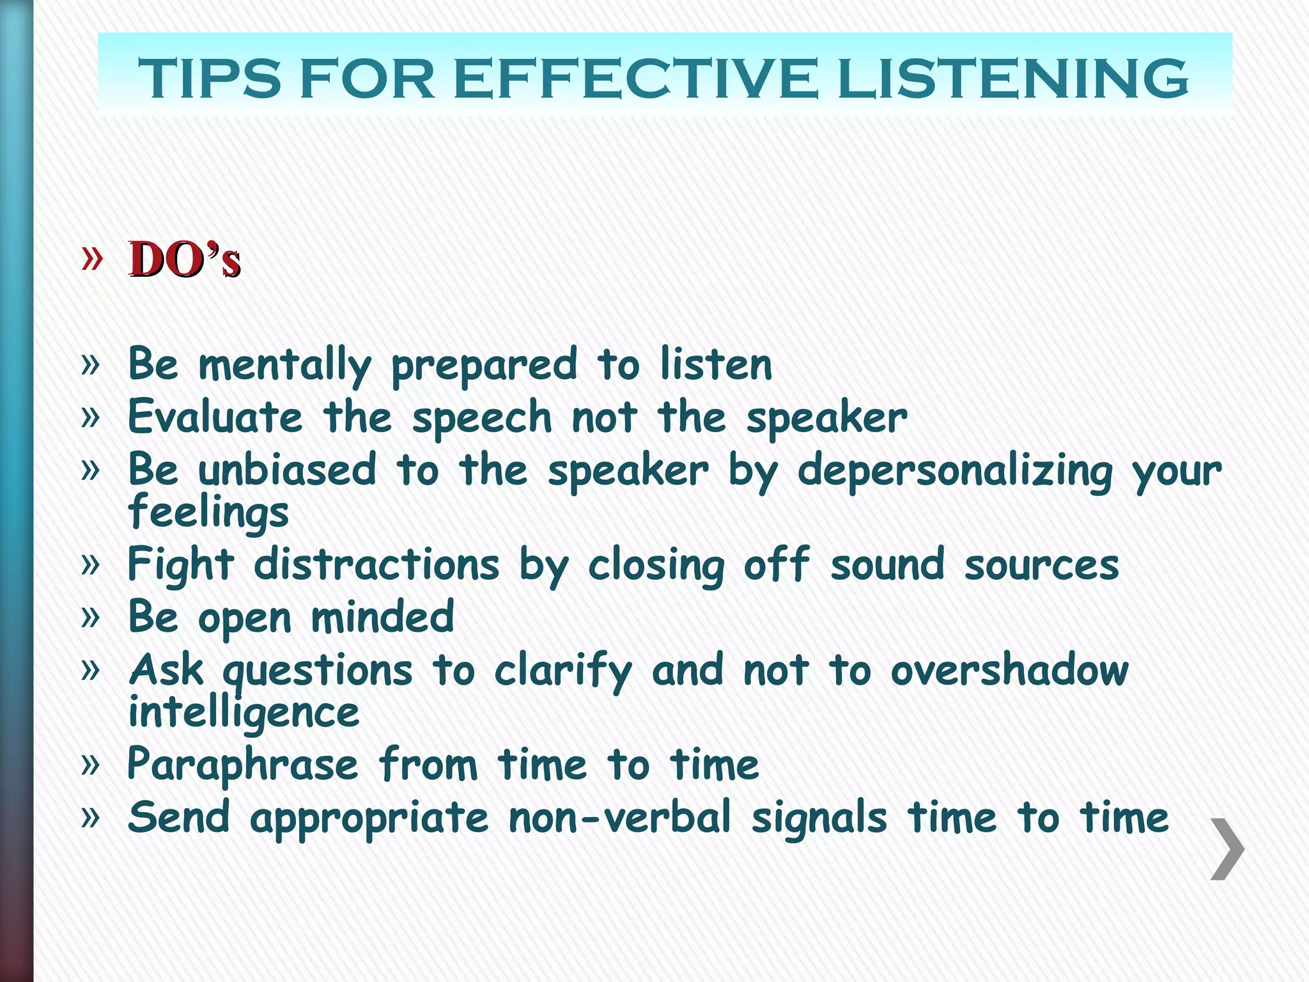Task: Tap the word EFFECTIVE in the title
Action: coord(635,78)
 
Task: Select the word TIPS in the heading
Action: coord(210,78)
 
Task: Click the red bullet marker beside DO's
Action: coord(92,258)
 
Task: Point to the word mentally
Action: coord(284,365)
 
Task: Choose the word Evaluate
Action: coord(215,417)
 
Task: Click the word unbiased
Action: coord(287,470)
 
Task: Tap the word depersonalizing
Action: coord(955,472)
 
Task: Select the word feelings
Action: coord(208,513)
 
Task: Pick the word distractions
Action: coord(376,565)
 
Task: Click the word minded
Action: coord(382,617)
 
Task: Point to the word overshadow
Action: coord(1010,671)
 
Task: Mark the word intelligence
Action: coord(244,713)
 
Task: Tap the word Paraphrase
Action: coord(243,765)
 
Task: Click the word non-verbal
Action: coord(619,818)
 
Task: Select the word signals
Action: coord(819,819)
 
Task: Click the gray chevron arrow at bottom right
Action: coord(1227,848)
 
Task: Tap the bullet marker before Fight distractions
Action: coord(91,565)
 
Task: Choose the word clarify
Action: coord(563,671)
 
